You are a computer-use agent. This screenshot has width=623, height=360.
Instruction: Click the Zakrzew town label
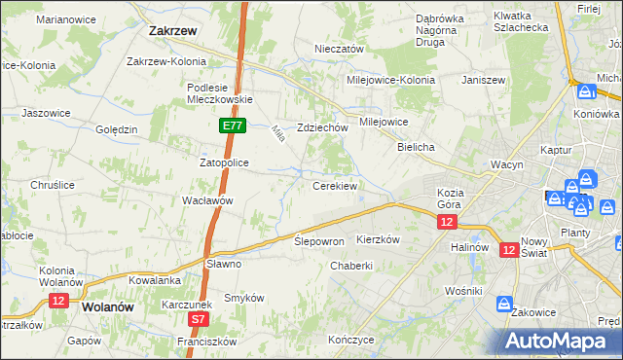pyautogui.click(x=174, y=30)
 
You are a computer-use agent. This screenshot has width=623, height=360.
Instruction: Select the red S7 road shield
pyautogui.click(x=199, y=318)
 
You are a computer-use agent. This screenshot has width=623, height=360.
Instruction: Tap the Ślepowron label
pyautogui.click(x=319, y=240)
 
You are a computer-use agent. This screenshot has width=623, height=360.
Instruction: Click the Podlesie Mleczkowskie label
pyautogui.click(x=220, y=92)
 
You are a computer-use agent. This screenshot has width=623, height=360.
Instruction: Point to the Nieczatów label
pyautogui.click(x=339, y=49)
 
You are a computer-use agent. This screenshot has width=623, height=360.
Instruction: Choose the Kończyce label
pyautogui.click(x=351, y=340)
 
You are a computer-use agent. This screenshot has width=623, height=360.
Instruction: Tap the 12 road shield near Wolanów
pyautogui.click(x=57, y=302)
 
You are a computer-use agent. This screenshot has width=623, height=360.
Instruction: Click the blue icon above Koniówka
pyautogui.click(x=585, y=92)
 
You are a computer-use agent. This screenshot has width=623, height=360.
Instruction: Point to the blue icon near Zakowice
pyautogui.click(x=505, y=304)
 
